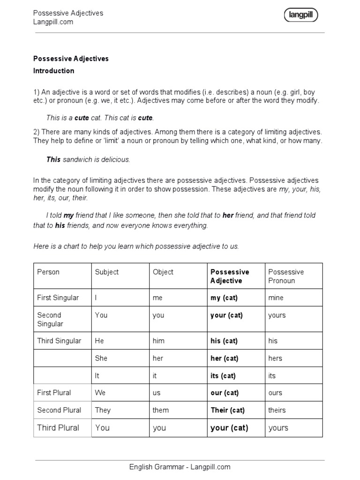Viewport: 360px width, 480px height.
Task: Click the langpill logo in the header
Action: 300,15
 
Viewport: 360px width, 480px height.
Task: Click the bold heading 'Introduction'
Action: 53,71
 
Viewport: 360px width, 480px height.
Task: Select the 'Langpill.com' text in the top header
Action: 53,22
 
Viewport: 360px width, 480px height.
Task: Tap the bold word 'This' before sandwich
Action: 53,159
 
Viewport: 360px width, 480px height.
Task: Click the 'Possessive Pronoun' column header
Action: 285,276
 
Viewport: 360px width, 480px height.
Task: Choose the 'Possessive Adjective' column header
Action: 230,276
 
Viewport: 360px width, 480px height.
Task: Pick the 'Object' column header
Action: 163,272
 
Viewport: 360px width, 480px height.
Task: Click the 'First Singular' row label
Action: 58,298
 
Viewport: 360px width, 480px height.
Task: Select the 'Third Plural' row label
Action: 58,427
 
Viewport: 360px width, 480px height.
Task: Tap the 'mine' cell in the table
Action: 276,298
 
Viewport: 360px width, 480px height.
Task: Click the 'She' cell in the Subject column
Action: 101,358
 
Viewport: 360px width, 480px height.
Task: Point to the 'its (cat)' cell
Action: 223,375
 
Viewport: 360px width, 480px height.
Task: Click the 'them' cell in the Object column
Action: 160,410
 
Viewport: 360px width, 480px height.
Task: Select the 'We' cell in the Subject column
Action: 100,393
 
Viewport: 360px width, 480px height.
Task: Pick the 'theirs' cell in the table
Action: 277,410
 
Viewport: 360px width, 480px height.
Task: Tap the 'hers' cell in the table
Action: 275,358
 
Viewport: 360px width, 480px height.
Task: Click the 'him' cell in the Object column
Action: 158,341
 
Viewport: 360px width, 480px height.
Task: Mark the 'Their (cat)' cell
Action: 227,410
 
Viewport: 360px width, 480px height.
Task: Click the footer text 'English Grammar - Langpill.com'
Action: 180,467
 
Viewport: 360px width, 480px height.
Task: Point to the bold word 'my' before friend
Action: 69,215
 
